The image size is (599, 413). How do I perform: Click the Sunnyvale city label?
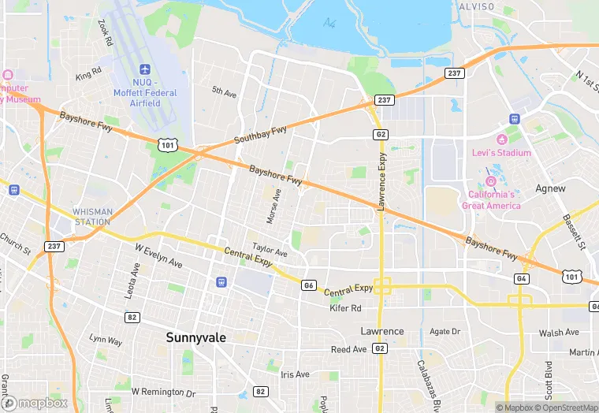(195, 337)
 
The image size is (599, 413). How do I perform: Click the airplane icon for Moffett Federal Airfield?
(144, 71)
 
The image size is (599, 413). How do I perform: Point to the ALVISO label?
(476, 7)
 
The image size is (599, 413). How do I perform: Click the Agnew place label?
(550, 188)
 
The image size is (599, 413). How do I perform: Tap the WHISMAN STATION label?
(92, 217)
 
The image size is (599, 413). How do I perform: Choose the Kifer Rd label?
(344, 308)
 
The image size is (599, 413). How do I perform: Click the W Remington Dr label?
(163, 392)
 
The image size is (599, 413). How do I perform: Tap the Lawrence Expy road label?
(381, 180)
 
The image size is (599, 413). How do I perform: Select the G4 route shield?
(521, 278)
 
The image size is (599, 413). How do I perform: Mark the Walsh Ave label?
(559, 333)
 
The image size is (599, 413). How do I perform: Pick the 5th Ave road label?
(224, 93)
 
